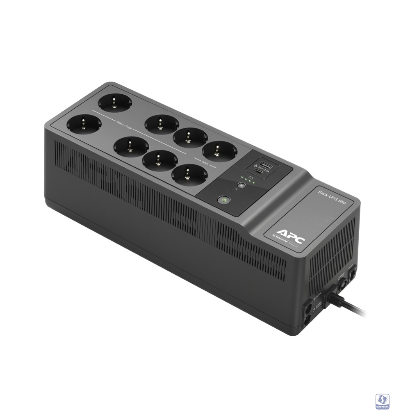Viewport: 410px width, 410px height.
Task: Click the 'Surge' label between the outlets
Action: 205,163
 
